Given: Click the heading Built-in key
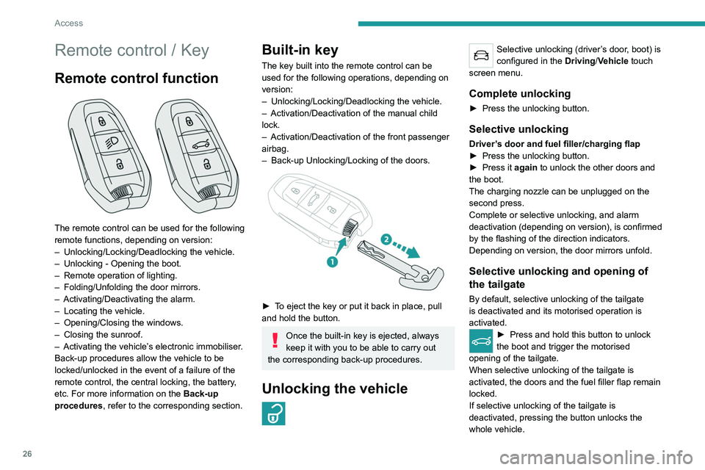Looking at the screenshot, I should (300, 50).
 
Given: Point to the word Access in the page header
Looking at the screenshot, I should (68, 23).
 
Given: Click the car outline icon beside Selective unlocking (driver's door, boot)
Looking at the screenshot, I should (480, 56).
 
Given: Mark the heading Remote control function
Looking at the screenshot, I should (136, 78).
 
